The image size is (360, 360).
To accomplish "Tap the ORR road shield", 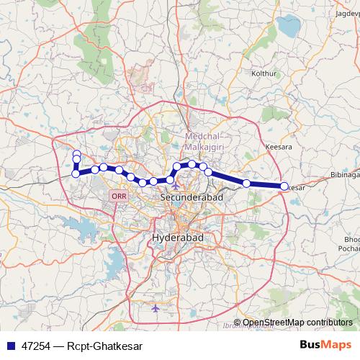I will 118,196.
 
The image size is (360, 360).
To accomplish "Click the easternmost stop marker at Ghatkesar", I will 284,186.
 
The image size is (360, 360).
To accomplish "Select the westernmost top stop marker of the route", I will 76,153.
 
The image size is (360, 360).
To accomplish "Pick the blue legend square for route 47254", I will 12,346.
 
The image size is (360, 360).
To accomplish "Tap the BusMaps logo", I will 326,346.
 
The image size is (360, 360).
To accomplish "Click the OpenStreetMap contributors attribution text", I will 297,323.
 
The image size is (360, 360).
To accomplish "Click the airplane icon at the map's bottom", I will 156,308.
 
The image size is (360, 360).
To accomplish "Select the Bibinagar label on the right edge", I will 346,175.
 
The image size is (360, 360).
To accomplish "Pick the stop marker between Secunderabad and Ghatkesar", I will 247,184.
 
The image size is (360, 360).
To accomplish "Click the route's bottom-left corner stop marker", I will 76,173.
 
